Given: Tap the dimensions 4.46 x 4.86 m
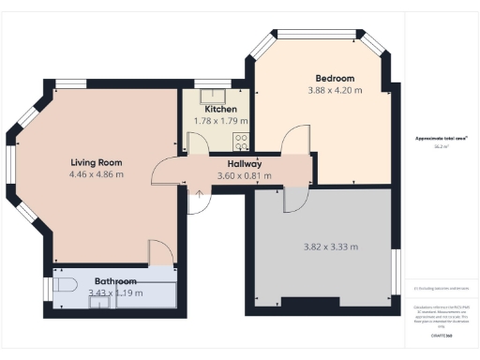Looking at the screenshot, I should tap(97, 174).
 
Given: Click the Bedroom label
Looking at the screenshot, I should tap(334, 78).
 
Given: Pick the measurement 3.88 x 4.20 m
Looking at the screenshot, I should tap(334, 90).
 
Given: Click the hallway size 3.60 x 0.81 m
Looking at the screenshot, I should tap(244, 175).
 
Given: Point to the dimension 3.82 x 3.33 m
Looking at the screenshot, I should tap(331, 247).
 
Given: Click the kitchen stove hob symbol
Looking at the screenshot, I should tap(241, 142).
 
